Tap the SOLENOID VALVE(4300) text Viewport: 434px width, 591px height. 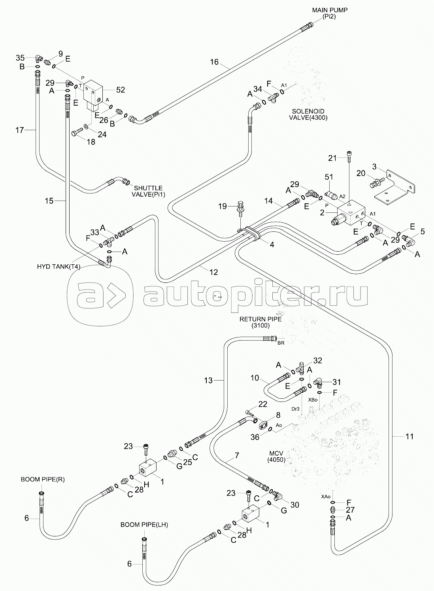click(308, 114)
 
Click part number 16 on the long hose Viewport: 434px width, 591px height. click(214, 62)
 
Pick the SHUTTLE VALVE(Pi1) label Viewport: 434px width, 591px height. click(148, 191)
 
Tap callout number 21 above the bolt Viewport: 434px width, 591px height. click(332, 158)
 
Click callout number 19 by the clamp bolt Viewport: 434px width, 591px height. click(223, 206)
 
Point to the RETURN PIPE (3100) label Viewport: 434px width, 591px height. click(260, 322)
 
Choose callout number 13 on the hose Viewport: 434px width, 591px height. click(208, 381)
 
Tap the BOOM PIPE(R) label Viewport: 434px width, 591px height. click(43, 479)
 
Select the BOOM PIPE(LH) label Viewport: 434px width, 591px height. click(144, 525)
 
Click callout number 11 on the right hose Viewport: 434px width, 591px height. click(409, 436)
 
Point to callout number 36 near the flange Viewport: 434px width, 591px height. click(255, 437)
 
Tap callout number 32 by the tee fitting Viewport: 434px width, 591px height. click(317, 360)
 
